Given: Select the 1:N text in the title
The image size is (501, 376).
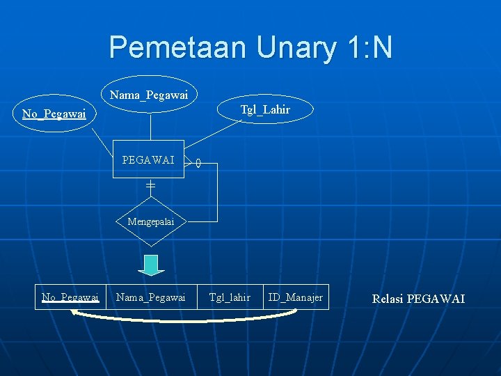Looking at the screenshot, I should point(369,47).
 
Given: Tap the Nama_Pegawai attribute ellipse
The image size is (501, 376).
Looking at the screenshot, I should point(149,94).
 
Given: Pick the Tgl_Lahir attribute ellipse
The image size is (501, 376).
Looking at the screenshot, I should point(265,109).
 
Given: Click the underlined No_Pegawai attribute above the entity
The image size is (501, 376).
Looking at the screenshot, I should point(54,113).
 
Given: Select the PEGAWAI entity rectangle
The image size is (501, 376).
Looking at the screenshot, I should point(148,159).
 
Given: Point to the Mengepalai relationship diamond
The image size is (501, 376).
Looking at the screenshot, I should point(150,222).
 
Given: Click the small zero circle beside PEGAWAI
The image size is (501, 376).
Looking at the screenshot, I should point(198,164).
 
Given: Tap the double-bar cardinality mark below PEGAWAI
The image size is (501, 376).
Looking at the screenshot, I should point(150,186).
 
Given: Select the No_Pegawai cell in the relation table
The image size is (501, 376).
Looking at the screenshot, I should point(70,297).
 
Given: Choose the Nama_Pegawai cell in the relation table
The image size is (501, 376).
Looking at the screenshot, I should point(150,297).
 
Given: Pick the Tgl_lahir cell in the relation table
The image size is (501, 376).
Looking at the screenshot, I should point(230,297).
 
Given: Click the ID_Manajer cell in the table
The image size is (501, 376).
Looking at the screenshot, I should point(296,297).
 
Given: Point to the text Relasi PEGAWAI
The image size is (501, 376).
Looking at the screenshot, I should point(418,299).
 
